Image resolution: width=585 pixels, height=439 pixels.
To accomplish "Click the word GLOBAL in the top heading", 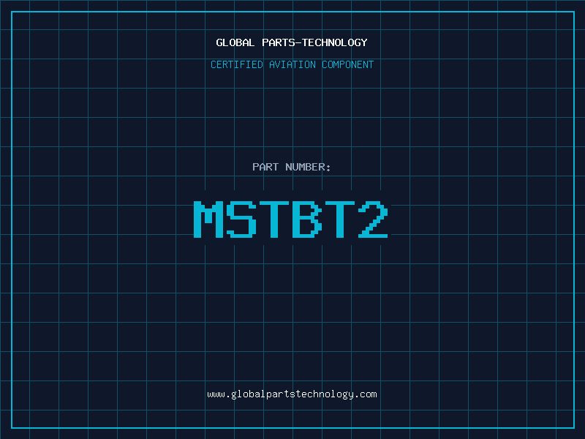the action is (235, 42).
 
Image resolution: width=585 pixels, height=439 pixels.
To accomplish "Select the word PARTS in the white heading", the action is (279, 42).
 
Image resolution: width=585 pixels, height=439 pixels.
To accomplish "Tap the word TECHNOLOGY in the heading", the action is (335, 42).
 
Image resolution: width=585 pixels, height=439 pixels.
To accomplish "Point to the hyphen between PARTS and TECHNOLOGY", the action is (299, 43).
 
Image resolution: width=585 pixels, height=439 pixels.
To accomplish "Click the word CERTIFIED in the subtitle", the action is (237, 64).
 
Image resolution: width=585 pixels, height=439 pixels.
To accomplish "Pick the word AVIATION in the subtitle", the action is (292, 64).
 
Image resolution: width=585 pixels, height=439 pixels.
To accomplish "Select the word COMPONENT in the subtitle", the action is (348, 64).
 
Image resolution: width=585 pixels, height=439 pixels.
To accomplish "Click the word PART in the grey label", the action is (265, 167).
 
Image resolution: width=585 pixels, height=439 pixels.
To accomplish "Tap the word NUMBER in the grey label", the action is (305, 167).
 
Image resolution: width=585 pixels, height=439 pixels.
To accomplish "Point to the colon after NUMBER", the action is (328, 168).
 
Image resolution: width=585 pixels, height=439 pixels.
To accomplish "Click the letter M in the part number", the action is (208, 219).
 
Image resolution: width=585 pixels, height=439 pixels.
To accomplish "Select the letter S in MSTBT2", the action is (241, 219).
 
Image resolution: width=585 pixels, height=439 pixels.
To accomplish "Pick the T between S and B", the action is (274, 219).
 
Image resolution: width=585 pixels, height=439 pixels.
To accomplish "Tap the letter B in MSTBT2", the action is (307, 219).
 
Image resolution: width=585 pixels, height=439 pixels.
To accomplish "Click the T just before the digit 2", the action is (340, 219).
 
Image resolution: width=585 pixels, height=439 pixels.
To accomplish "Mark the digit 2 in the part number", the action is (373, 219).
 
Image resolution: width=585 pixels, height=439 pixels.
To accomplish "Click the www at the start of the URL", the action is (216, 395).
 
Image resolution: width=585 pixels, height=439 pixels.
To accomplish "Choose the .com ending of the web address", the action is (366, 395).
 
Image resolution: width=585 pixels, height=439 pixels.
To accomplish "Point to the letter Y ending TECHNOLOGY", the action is (364, 43).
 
